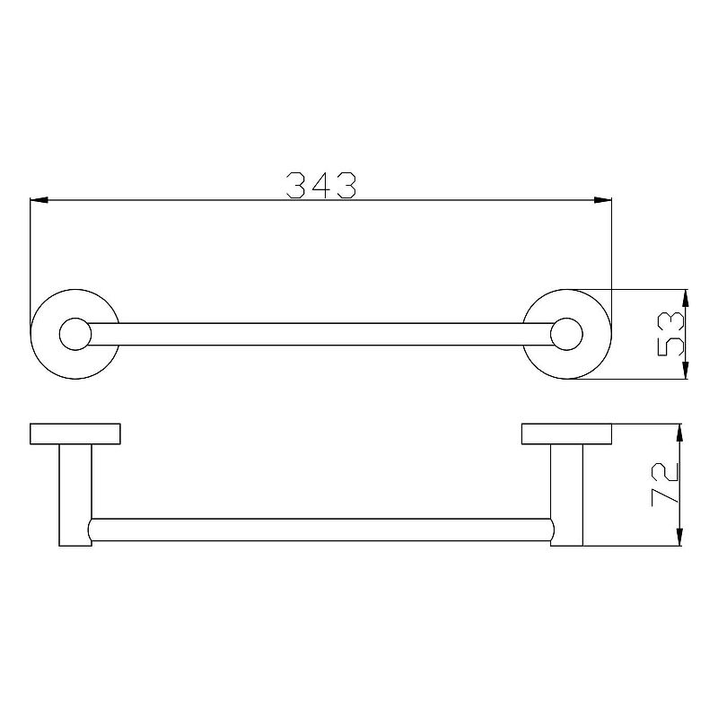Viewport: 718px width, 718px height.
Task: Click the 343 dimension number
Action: tap(321, 186)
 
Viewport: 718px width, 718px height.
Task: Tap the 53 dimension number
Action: tap(670, 334)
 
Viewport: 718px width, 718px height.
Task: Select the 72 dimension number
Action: tap(665, 485)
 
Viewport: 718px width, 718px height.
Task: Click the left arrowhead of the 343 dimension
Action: tap(39, 200)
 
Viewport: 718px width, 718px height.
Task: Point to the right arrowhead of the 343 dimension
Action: tap(602, 200)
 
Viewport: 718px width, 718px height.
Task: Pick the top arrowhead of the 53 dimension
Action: tap(686, 298)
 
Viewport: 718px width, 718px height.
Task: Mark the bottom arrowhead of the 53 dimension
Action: tap(686, 370)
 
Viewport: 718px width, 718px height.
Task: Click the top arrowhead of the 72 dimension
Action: tap(679, 433)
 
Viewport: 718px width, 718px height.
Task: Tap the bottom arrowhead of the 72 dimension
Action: tap(679, 537)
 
